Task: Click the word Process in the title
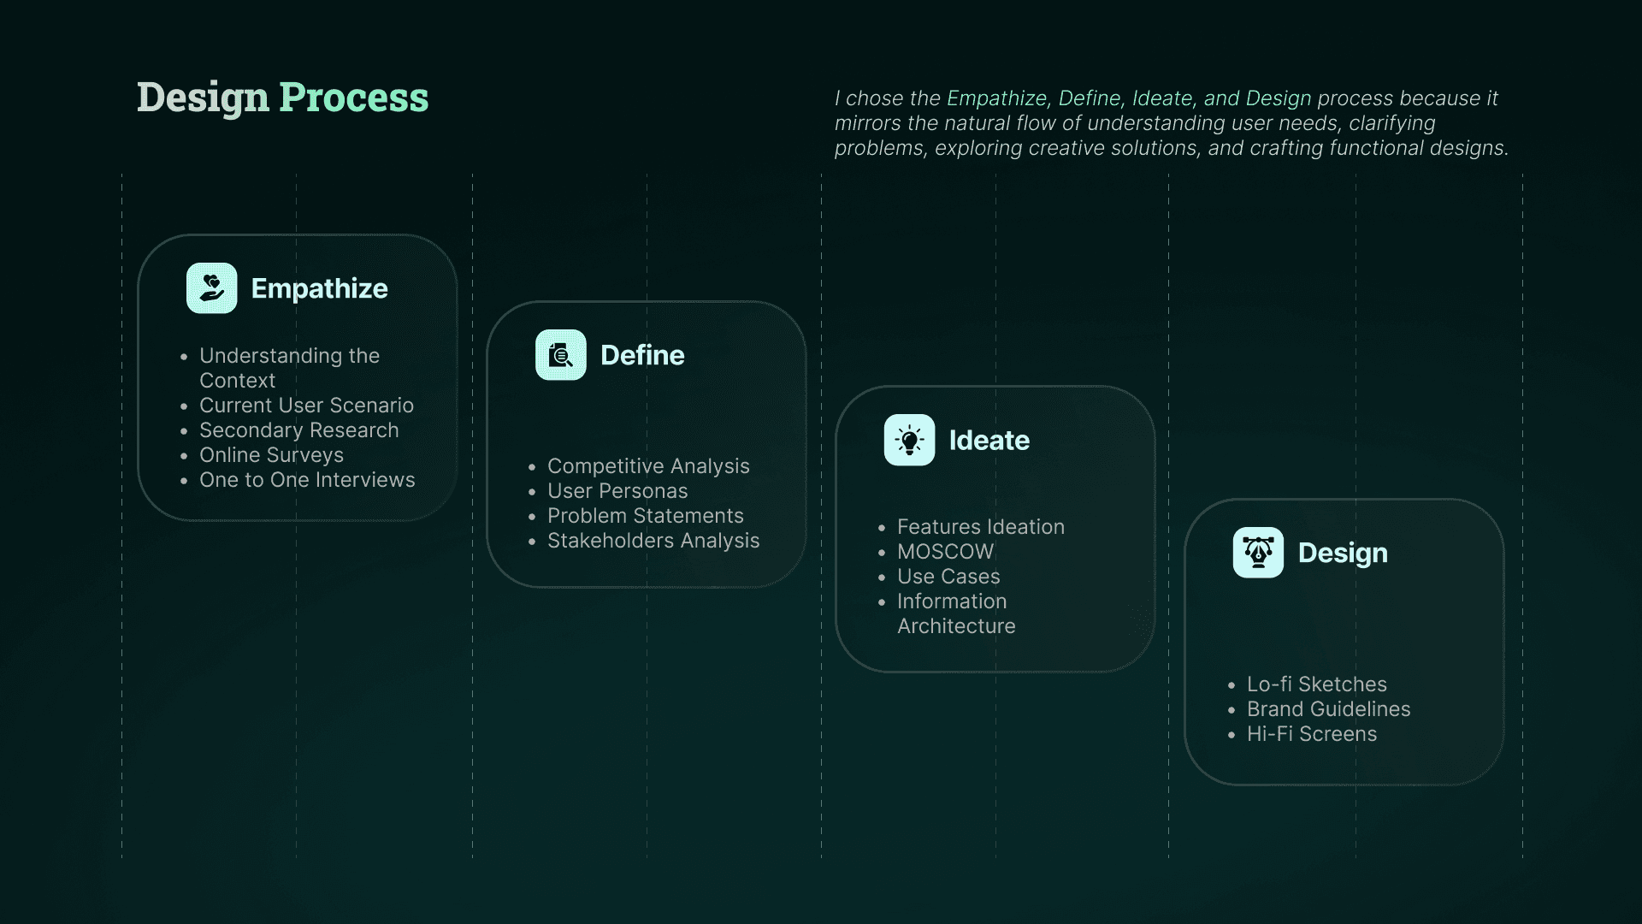[x=353, y=98]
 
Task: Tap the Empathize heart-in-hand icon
[x=212, y=288]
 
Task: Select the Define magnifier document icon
[x=561, y=355]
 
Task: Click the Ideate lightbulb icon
[x=909, y=440]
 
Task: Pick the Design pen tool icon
[x=1258, y=553]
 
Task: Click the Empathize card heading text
[x=319, y=289]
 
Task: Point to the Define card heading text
[x=642, y=355]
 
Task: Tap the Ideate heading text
[x=989, y=441]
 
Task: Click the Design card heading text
[x=1343, y=554]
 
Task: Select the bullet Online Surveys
[x=271, y=455]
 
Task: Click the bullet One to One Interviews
[x=307, y=480]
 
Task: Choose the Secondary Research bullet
[x=298, y=430]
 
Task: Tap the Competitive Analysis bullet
[x=648, y=466]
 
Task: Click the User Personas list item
[x=617, y=491]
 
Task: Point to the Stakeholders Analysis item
[x=653, y=541]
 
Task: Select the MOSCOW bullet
[x=945, y=552]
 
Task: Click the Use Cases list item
[x=948, y=577]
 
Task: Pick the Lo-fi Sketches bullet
[x=1316, y=684]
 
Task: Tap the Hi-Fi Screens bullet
[x=1312, y=734]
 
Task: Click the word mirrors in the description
[x=867, y=123]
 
